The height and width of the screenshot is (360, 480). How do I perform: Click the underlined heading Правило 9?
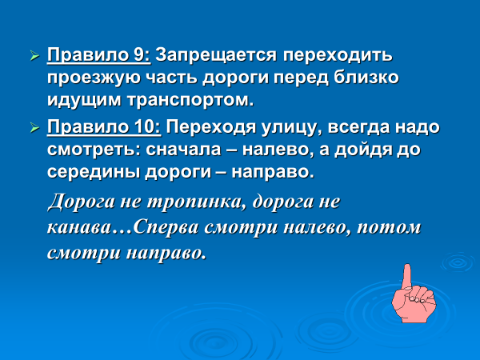(99, 55)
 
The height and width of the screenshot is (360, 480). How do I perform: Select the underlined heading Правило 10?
(104, 126)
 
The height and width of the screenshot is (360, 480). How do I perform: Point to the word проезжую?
(93, 78)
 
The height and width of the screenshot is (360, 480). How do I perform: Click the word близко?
(366, 77)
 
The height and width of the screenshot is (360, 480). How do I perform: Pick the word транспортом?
(190, 101)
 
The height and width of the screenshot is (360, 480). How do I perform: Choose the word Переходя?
(211, 127)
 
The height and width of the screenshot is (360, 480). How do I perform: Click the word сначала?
(183, 150)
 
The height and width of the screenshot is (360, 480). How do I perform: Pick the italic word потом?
(389, 228)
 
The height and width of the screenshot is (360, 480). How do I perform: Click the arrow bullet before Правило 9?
(35, 56)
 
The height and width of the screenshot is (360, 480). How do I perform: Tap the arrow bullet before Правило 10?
(35, 128)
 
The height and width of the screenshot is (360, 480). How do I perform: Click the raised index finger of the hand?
(407, 277)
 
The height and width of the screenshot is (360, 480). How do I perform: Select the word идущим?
(84, 101)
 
